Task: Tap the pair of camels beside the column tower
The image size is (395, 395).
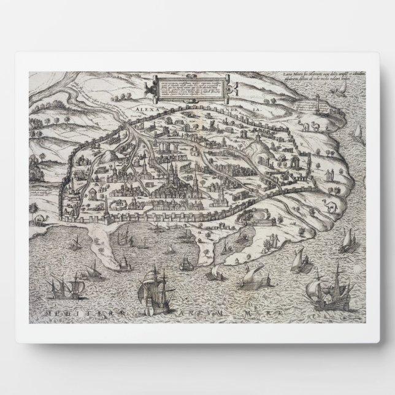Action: pyautogui.click(x=310, y=126)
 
